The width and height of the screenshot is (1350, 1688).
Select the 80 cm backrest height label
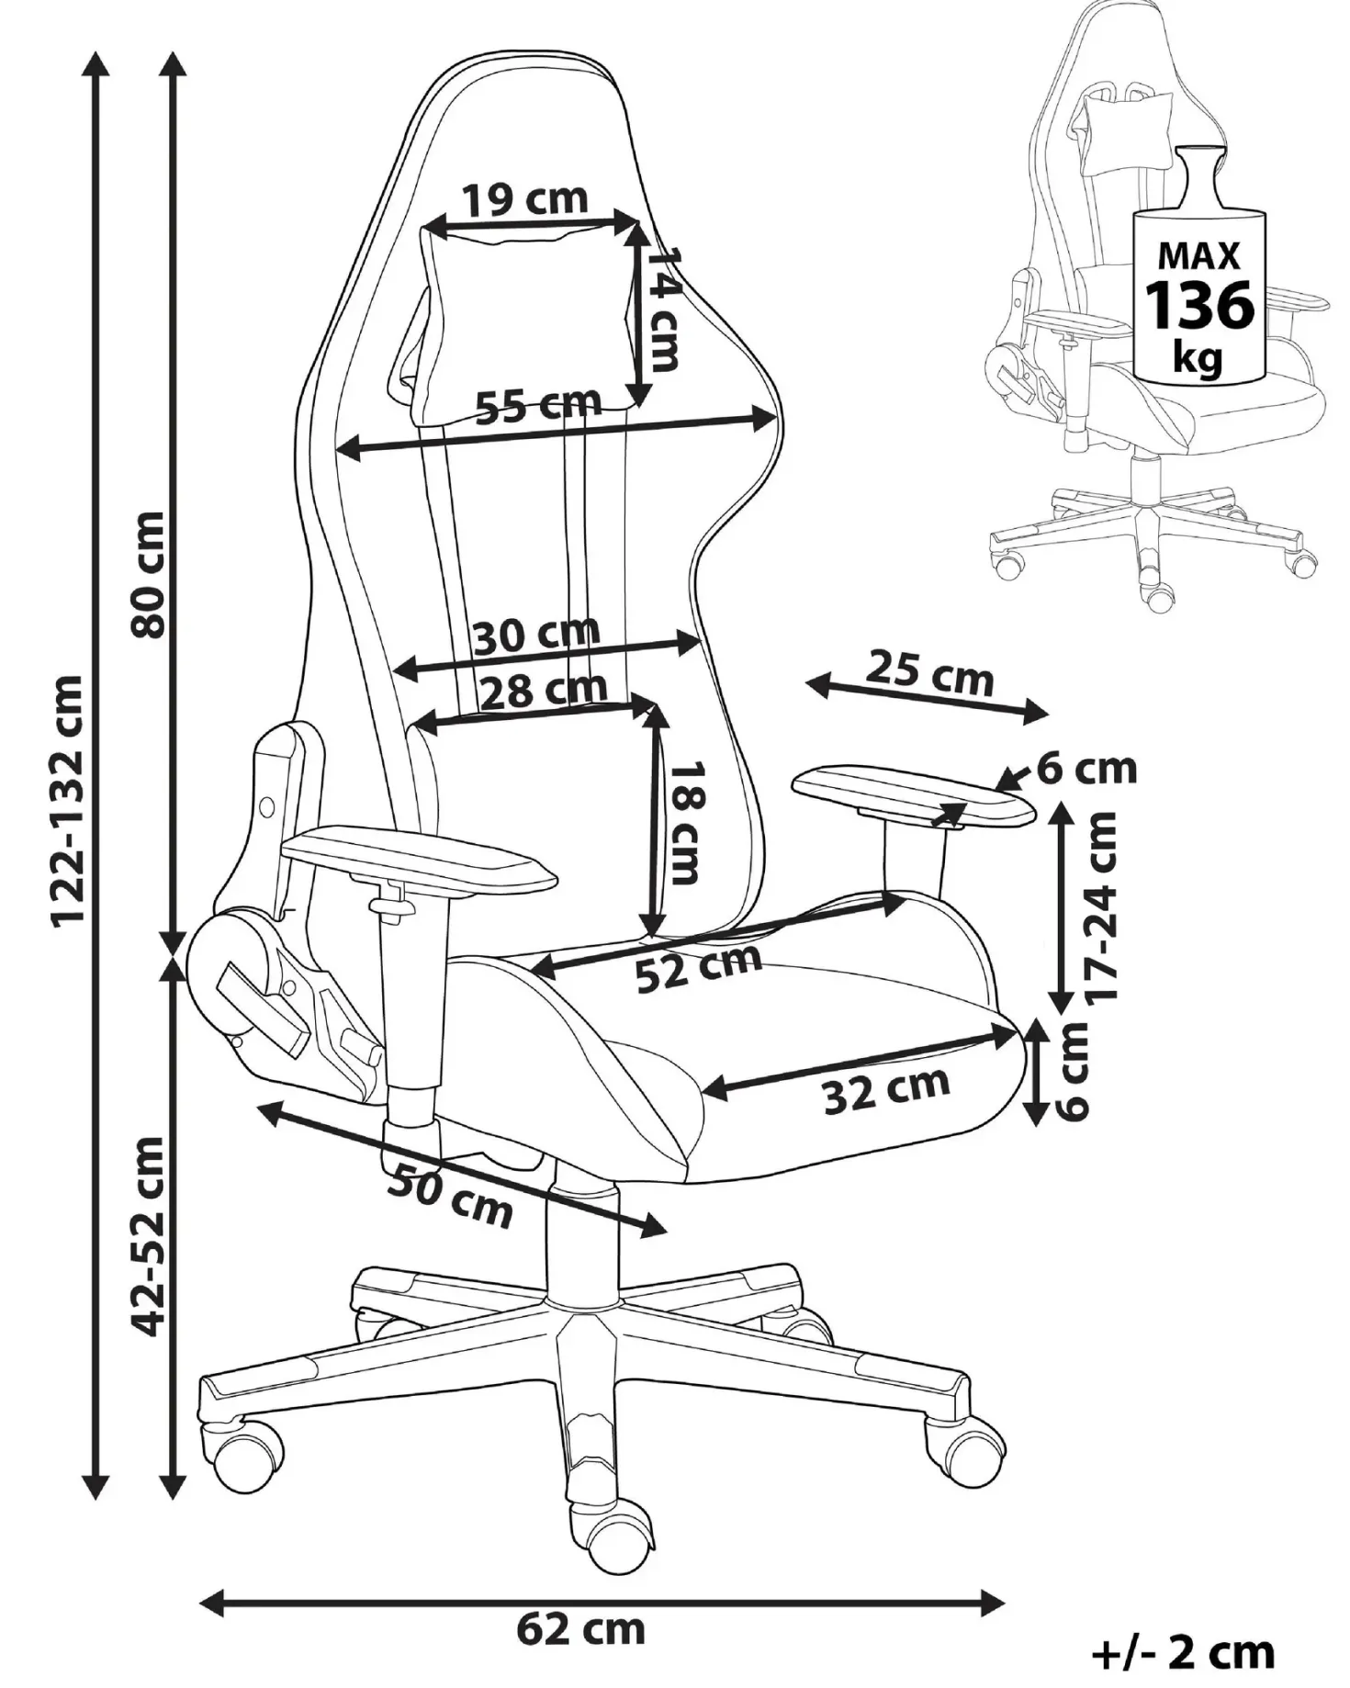click(147, 575)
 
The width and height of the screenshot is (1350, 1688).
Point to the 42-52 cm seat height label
click(147, 1237)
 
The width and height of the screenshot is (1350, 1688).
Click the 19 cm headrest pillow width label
click(523, 199)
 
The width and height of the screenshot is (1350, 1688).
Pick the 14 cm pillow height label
click(663, 309)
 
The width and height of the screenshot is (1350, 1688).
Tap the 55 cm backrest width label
click(538, 405)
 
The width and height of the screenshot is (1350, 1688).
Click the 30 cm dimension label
click(537, 634)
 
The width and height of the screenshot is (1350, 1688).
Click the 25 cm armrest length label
click(930, 673)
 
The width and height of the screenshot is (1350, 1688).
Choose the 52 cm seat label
click(700, 968)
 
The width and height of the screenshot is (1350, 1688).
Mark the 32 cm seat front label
click(886, 1090)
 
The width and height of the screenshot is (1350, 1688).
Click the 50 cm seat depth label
click(449, 1194)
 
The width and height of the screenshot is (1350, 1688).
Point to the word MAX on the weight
click(1199, 255)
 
